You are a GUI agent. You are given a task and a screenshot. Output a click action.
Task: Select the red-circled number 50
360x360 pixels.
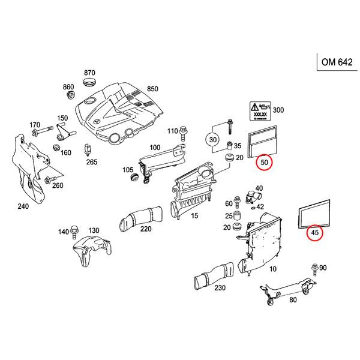[x=264, y=162]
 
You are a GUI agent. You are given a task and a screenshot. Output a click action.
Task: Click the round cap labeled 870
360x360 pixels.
[x=89, y=81]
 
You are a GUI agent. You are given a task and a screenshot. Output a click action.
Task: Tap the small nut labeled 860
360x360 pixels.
[x=70, y=95]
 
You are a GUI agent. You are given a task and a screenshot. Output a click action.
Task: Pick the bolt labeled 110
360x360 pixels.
[x=185, y=130]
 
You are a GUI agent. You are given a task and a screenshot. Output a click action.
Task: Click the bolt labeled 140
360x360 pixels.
[x=74, y=230]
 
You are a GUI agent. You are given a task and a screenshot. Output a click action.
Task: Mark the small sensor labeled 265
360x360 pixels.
[x=88, y=148]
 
